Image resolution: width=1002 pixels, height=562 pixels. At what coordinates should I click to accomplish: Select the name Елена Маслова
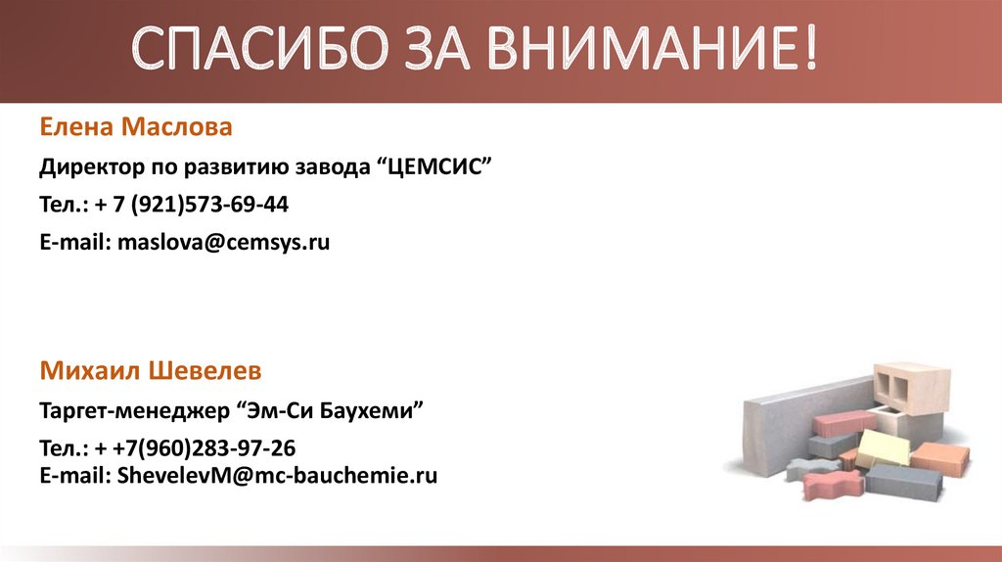[136, 127]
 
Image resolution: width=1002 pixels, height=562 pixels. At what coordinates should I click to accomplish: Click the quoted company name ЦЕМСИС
[430, 166]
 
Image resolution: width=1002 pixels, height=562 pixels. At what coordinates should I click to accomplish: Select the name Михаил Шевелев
[151, 371]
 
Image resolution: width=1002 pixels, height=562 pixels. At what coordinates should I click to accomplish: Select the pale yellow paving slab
[881, 448]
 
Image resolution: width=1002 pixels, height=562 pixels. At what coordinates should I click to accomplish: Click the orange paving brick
[940, 455]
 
